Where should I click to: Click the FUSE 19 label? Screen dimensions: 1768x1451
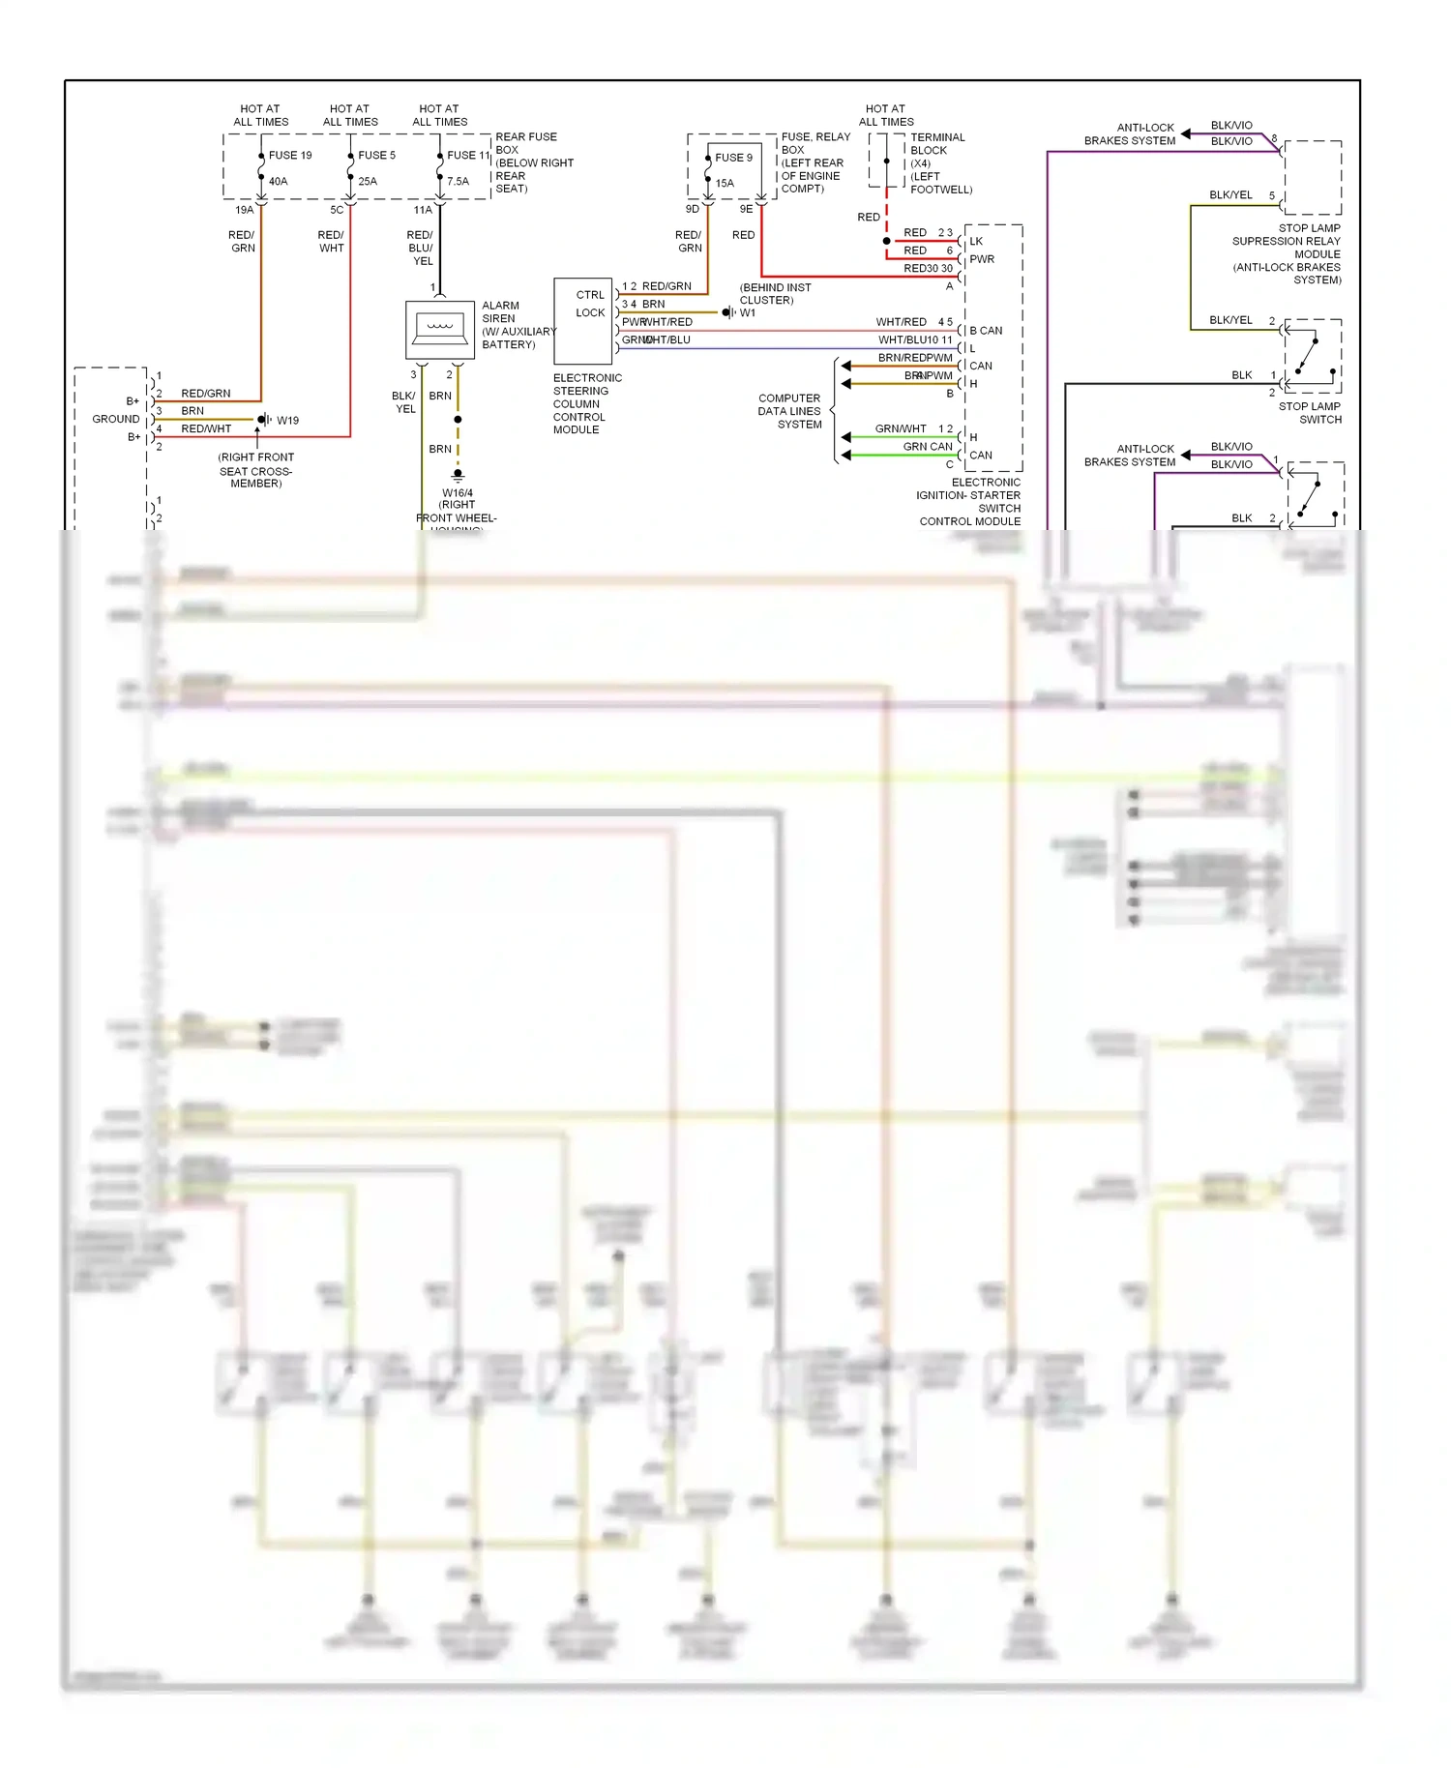pos(290,155)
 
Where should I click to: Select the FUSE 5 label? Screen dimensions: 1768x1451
pos(376,155)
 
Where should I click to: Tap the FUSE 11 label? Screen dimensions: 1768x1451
pos(468,155)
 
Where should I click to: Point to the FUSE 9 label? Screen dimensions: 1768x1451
pos(733,158)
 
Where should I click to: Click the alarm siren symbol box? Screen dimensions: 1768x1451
pos(440,330)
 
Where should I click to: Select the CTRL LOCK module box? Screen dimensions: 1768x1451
pos(583,320)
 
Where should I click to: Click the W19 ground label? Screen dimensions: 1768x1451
pos(287,421)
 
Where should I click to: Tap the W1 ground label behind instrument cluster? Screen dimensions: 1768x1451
pos(748,313)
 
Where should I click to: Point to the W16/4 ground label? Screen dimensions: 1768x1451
pos(458,493)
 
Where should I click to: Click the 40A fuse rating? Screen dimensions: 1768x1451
pos(278,182)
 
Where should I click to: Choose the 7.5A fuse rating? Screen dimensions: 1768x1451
pos(458,182)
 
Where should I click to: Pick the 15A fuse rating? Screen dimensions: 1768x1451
pos(725,184)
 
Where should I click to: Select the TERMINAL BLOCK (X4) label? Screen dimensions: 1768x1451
pos(938,162)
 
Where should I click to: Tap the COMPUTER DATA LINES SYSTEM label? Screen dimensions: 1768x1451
pos(789,411)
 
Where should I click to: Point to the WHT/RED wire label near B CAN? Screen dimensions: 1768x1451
pos(901,322)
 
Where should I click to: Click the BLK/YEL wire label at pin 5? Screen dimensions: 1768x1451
pos(1230,195)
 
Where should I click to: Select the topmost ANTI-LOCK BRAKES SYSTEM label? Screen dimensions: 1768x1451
pos(1130,134)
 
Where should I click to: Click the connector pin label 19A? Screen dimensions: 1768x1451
pos(244,210)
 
